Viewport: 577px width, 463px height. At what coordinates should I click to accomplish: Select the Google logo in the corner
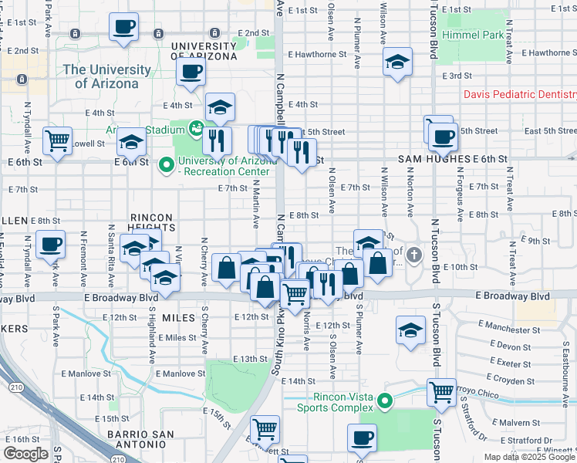(25, 454)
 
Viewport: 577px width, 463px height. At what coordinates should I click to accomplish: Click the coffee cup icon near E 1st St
(124, 28)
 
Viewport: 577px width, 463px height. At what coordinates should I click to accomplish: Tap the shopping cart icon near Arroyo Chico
(441, 391)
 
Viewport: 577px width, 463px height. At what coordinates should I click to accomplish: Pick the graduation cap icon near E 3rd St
(398, 62)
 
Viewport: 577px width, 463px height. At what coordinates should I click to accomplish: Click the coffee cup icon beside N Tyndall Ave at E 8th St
(51, 245)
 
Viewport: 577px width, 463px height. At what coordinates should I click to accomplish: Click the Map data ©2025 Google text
(529, 457)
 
